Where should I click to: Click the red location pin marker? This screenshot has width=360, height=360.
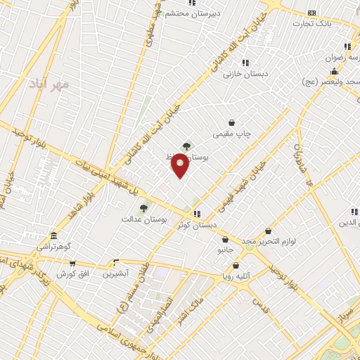180,165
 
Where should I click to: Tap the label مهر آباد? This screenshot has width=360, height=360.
49,84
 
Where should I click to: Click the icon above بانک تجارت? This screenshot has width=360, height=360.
312,12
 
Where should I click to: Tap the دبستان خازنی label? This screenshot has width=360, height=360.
242,73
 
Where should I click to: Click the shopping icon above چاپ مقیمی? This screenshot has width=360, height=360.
232,122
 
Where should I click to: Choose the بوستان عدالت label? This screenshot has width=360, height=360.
144,219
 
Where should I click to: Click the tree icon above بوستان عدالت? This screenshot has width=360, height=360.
143,208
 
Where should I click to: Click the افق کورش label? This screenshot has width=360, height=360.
72,273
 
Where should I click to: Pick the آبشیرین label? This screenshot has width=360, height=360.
117,273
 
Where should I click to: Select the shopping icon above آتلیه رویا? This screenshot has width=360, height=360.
236,266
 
